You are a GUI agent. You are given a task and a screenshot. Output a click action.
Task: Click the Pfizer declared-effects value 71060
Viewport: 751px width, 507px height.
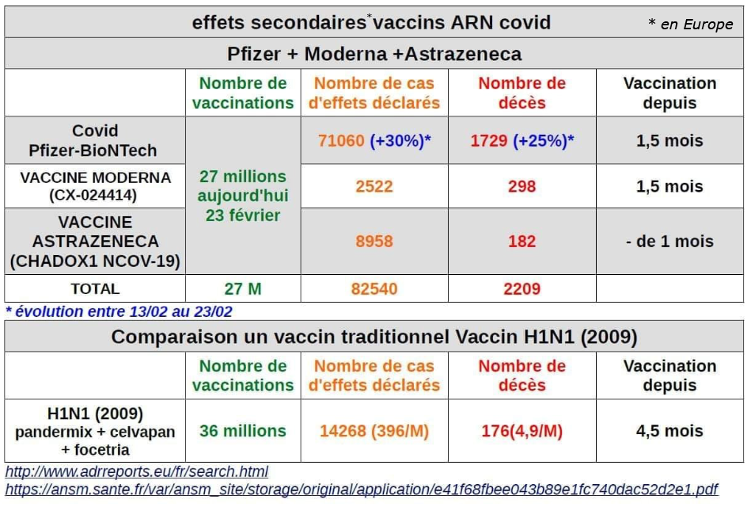click(341, 141)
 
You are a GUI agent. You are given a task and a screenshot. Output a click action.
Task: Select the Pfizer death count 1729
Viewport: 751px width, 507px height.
click(488, 141)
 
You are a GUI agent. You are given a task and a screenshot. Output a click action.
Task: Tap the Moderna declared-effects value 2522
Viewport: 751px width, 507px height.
click(374, 186)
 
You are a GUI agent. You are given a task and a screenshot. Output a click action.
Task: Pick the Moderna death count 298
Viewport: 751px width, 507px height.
click(522, 186)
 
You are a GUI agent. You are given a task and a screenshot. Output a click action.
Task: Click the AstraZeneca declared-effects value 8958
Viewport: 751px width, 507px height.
click(374, 241)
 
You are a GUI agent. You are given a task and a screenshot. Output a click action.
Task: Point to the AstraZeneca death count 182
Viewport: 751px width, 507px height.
click(522, 241)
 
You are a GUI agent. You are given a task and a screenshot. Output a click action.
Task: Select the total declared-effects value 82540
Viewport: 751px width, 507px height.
click(374, 288)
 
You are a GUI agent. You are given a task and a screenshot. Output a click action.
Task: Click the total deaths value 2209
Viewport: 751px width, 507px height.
click(522, 288)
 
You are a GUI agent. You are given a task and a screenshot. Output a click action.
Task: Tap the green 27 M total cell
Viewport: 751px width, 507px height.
click(242, 288)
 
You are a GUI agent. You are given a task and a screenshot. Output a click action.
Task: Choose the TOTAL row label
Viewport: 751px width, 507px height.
click(95, 288)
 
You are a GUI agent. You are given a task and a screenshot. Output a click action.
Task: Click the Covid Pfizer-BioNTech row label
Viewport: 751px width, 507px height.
click(95, 140)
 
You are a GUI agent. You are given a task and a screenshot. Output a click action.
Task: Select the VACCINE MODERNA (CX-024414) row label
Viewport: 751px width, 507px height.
click(95, 186)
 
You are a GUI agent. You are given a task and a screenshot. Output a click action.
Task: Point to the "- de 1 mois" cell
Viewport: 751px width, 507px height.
click(669, 241)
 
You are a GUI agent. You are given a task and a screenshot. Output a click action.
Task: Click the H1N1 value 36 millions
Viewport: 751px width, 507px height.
click(242, 431)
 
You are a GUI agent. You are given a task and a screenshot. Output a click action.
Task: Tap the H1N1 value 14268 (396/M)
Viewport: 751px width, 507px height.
click(374, 431)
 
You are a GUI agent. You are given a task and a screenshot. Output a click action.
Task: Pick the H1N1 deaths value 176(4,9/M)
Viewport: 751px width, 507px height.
click(522, 431)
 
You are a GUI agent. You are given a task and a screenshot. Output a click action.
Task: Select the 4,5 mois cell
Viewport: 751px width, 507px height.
click(669, 431)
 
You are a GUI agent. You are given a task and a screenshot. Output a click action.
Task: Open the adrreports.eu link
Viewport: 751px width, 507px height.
click(137, 472)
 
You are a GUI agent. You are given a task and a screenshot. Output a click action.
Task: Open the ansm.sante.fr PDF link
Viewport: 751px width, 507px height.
click(362, 490)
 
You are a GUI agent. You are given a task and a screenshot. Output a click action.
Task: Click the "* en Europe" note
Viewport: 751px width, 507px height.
click(690, 25)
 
